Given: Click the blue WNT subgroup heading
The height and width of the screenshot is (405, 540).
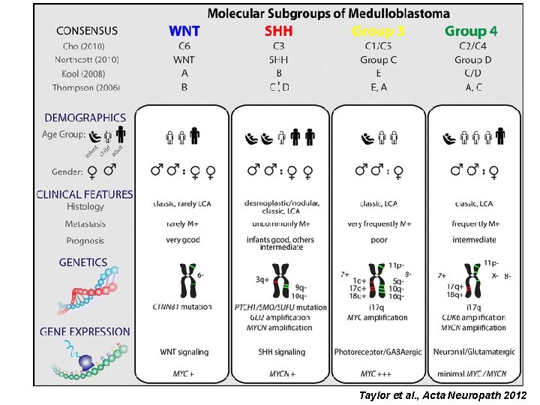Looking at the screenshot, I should (x=184, y=31).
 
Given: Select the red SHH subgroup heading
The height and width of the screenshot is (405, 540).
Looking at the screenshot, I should (x=278, y=31).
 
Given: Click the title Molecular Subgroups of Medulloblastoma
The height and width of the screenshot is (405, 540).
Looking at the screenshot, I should (x=328, y=13).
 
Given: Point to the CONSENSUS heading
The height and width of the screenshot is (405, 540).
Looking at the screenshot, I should (x=87, y=31).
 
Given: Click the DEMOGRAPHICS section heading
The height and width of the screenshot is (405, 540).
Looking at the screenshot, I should (x=85, y=118).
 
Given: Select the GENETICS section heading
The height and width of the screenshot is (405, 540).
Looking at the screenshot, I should (x=83, y=262).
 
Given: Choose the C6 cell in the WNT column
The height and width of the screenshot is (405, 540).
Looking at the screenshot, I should (x=184, y=45).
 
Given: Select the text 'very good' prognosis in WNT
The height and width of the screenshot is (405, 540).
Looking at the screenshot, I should (x=184, y=240).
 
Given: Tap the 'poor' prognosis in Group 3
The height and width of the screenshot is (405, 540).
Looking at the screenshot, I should (x=379, y=240).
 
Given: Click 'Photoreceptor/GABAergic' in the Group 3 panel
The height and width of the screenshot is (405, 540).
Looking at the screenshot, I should (x=379, y=352).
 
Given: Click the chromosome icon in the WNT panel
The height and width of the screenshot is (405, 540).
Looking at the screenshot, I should (x=183, y=280).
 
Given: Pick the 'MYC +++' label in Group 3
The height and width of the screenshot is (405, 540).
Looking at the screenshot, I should (x=379, y=373).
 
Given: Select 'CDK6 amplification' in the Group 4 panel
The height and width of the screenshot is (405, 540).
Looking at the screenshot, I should (x=474, y=317).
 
